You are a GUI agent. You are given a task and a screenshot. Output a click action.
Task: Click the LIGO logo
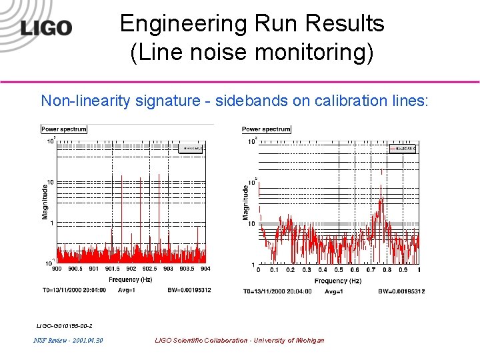[45, 27]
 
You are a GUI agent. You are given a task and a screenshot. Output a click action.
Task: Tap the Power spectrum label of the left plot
[64, 129]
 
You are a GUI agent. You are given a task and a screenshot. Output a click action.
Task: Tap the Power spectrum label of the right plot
[266, 129]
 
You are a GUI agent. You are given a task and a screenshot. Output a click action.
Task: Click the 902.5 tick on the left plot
[149, 269]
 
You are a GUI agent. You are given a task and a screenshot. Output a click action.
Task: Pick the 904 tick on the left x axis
[205, 269]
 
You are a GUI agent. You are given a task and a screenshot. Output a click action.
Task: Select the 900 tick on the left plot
[57, 269]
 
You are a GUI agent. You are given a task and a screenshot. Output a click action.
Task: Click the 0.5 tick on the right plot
[339, 270]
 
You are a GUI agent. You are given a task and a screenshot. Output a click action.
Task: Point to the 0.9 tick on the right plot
[403, 270]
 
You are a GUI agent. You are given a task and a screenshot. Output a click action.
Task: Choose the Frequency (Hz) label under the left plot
[131, 279]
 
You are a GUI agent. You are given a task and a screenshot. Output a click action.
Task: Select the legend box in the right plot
[401, 149]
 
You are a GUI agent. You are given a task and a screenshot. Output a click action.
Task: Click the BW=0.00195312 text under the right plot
[401, 291]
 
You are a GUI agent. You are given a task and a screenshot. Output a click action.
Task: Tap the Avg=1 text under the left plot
[128, 290]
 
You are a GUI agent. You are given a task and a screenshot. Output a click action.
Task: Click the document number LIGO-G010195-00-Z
[64, 325]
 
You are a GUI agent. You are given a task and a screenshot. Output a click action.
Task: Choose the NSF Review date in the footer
[68, 341]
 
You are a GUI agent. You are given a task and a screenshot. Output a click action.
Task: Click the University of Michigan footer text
[239, 341]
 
